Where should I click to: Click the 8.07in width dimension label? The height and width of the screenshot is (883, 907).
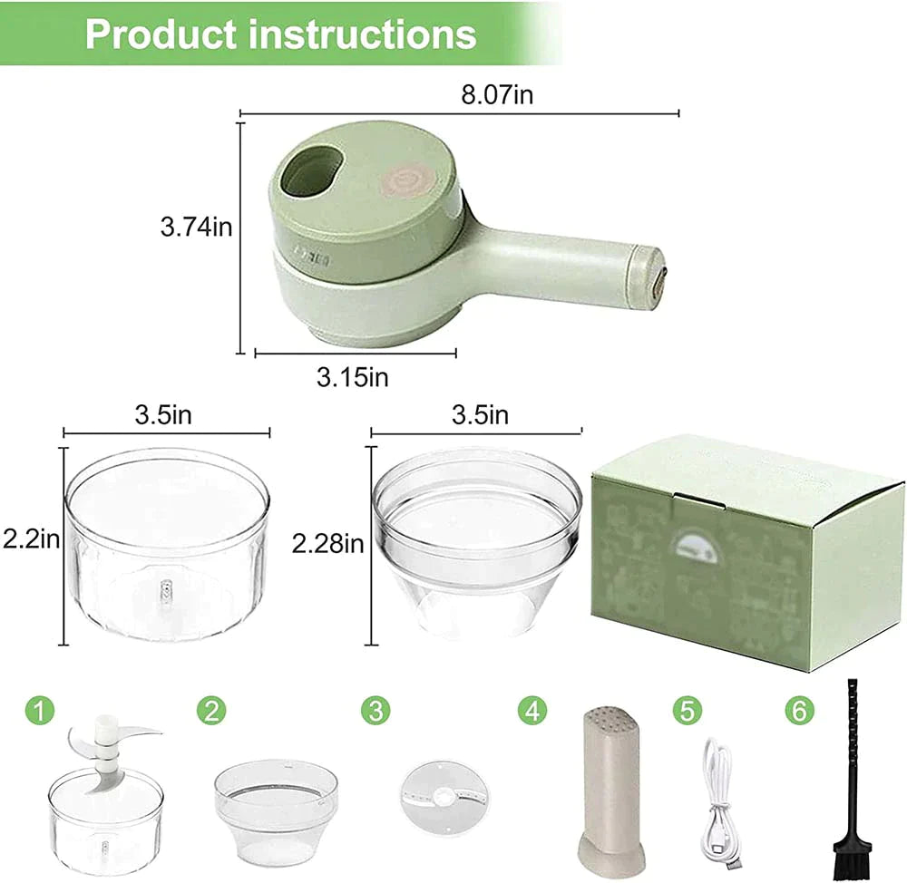click(496, 95)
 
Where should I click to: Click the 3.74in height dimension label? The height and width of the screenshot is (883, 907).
click(196, 227)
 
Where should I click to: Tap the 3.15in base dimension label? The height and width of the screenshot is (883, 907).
click(352, 376)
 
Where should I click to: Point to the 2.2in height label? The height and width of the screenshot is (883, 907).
click(30, 540)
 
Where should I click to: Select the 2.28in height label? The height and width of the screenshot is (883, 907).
click(327, 543)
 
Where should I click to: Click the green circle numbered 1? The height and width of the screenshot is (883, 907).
click(37, 710)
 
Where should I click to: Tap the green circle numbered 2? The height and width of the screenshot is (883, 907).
click(210, 710)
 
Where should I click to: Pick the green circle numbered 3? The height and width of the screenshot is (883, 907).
click(375, 710)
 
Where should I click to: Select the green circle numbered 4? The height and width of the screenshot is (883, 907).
click(532, 710)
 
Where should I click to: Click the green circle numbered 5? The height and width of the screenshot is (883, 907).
click(688, 710)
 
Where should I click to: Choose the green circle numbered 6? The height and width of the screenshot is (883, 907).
click(798, 710)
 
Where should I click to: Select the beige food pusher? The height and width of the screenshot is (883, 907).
click(610, 789)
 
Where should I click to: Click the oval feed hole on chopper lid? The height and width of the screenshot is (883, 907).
click(311, 171)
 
